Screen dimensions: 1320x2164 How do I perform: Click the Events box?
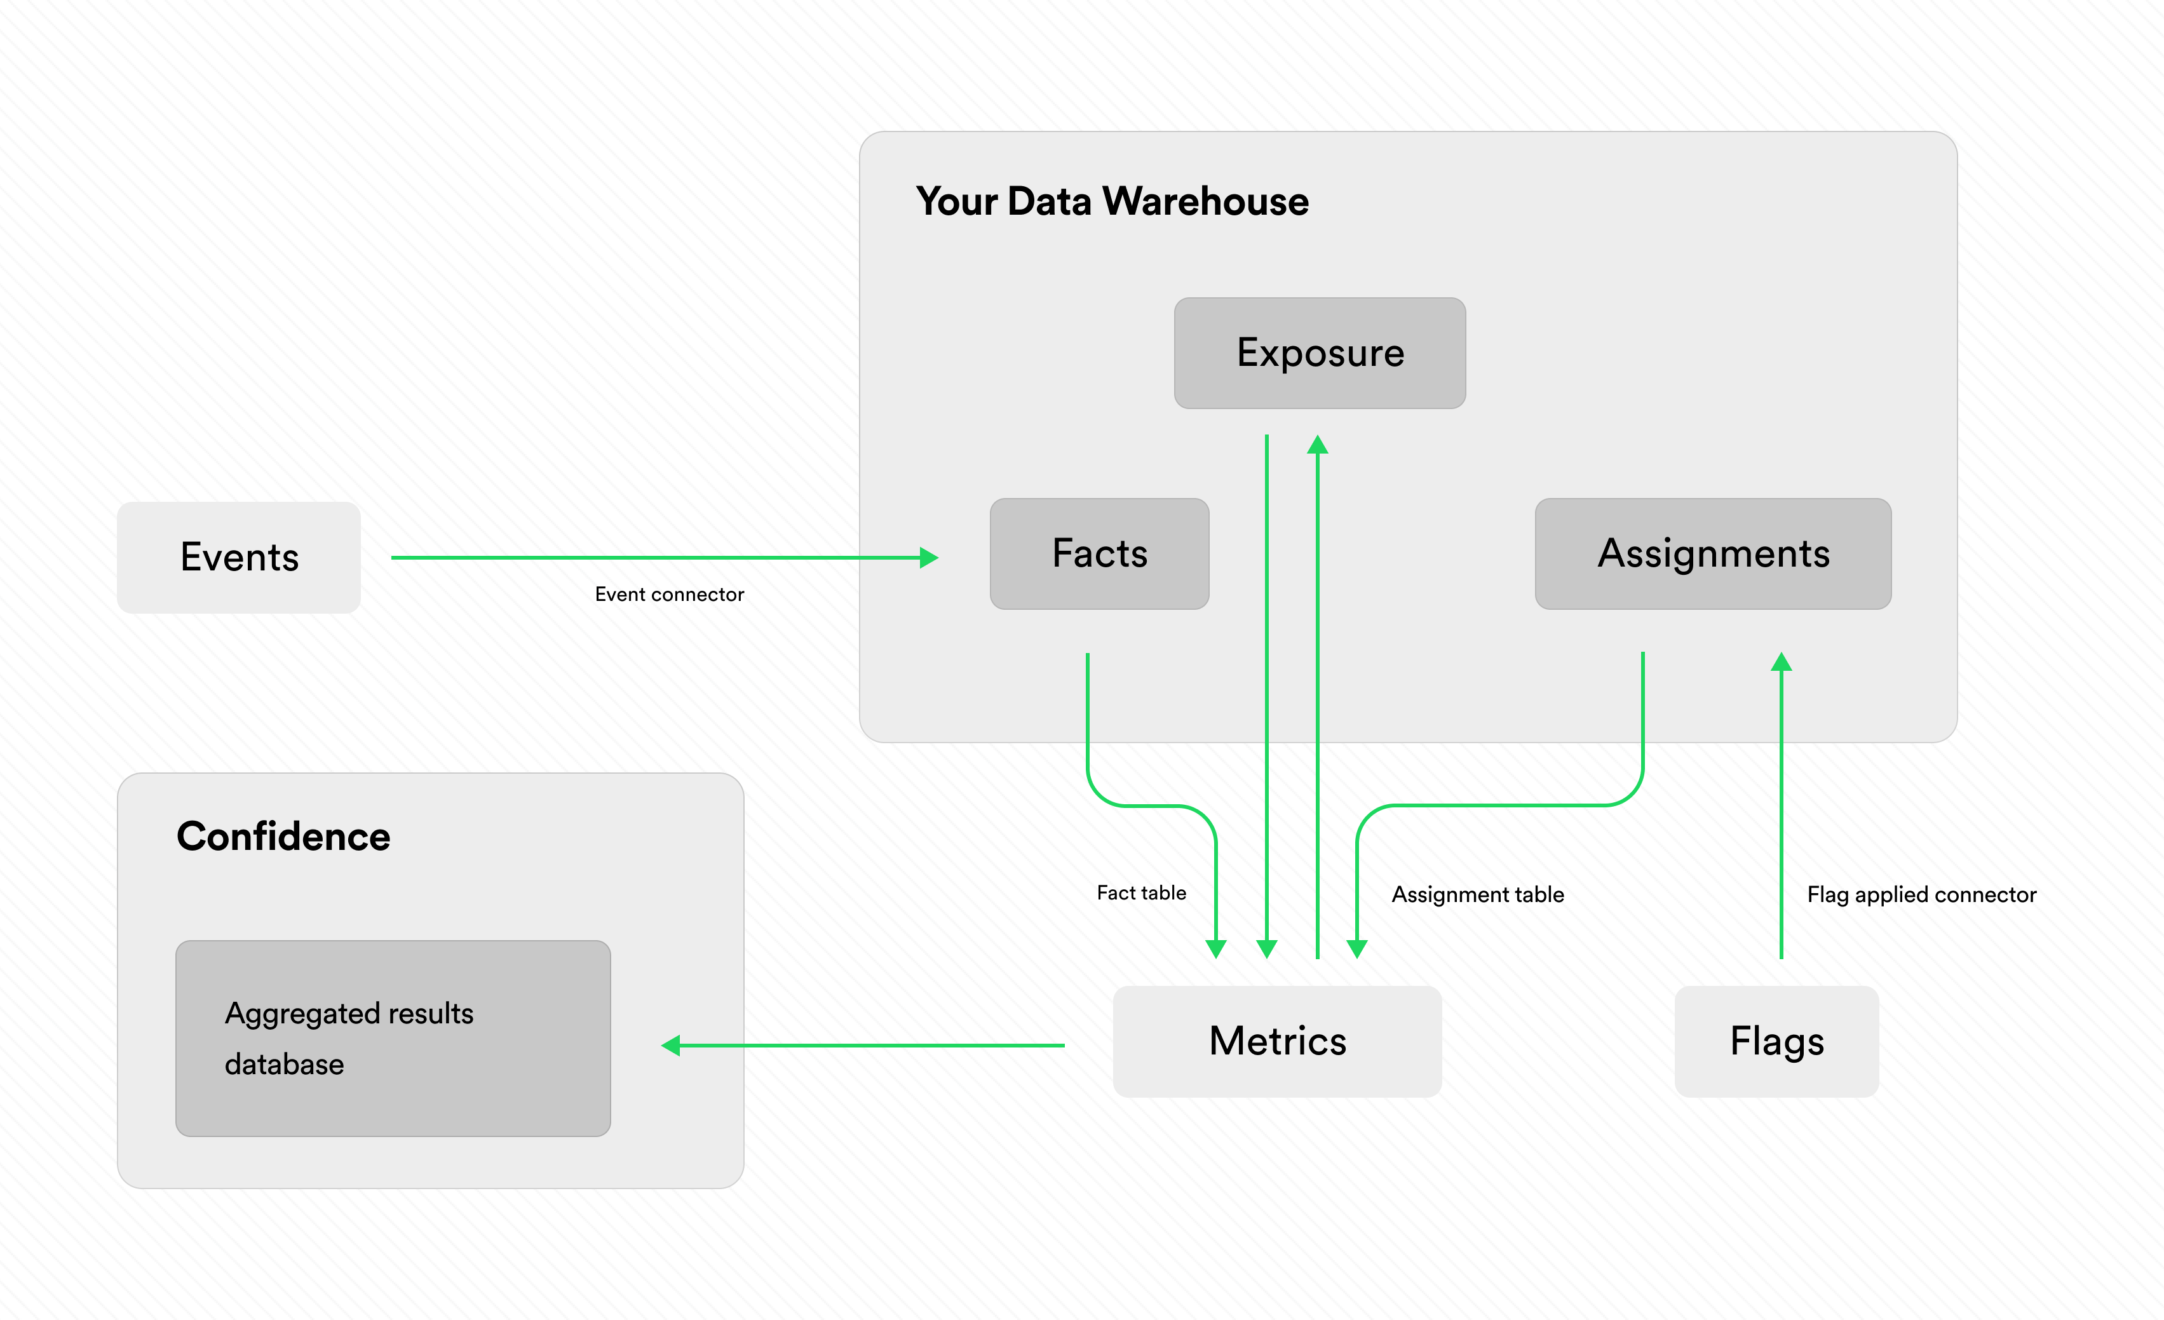239,557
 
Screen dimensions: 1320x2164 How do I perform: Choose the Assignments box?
1712,553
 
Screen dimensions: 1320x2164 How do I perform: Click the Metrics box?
1277,1041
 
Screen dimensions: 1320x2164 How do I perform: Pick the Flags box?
1776,1041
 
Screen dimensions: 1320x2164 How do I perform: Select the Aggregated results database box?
393,1038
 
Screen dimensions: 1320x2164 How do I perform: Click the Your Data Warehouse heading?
1112,201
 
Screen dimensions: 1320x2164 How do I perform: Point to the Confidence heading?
283,836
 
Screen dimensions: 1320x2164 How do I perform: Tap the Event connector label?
669,595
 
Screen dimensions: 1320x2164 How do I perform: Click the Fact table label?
1141,893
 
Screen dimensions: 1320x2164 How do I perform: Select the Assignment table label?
1477,894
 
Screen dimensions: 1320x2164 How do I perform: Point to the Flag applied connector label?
1921,894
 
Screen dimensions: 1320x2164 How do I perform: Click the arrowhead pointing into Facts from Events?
929,558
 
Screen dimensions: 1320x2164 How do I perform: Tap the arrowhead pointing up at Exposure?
1317,445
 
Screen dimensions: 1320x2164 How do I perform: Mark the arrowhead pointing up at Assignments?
1781,661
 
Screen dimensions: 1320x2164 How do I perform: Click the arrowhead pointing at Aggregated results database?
671,1045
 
